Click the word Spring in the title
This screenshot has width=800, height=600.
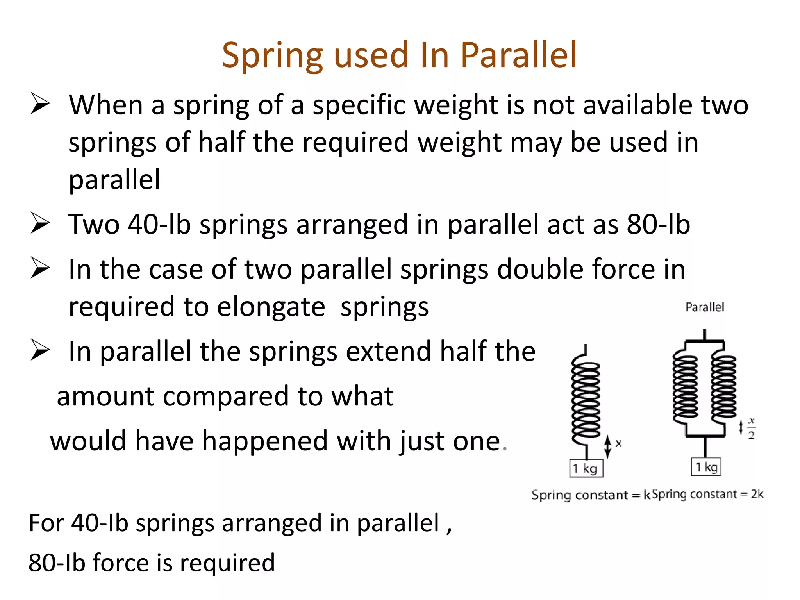coord(272,56)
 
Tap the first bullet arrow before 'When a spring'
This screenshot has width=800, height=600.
coord(40,104)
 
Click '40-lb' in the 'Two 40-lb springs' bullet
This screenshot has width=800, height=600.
coord(159,225)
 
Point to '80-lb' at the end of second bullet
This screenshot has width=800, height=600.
coord(658,225)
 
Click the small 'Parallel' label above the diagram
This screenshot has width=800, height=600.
coord(705,307)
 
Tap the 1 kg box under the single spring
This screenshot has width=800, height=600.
coord(586,468)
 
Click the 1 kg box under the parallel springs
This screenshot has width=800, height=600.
coord(706,467)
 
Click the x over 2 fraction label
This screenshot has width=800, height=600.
coord(751,428)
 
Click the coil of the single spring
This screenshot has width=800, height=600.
coord(585,398)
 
